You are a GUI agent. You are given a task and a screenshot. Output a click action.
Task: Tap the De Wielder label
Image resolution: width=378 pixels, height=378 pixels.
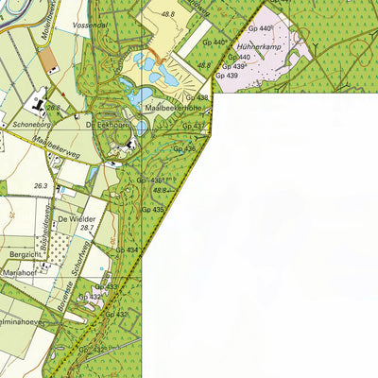click(x=77, y=217)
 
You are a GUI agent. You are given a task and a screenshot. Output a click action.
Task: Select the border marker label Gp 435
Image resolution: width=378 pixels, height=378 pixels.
click(x=153, y=210)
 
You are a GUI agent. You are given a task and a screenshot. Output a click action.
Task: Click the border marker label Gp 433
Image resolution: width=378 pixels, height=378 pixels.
click(x=105, y=285)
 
